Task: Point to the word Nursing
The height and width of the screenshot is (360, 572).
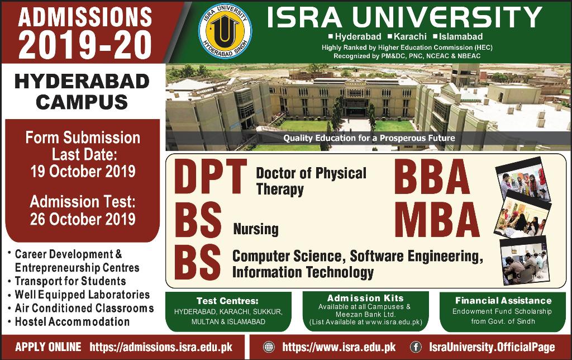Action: point(255,229)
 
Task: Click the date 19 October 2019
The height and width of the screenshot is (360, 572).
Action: point(82,171)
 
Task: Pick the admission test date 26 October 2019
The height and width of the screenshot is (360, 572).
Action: point(82,218)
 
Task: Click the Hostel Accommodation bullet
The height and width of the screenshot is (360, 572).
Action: point(72,322)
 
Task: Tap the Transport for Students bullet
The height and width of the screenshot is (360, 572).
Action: point(70,281)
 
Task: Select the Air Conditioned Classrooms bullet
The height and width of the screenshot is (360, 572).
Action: point(84,308)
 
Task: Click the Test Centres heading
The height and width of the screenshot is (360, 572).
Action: point(227,301)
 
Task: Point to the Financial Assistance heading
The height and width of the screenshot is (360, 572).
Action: point(503,301)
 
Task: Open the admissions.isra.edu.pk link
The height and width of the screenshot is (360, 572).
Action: point(160,347)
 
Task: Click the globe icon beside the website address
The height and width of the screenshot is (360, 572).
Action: point(269,347)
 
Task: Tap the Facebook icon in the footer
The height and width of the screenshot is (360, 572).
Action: point(416,347)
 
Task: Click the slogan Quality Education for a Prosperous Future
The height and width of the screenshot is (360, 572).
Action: point(369,138)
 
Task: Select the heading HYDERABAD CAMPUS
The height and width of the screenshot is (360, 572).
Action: point(82,92)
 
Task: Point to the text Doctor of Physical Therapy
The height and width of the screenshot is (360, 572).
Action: point(311,181)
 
